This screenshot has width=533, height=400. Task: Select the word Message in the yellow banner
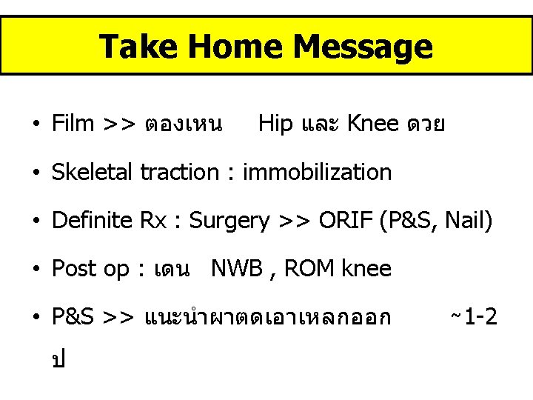[x=363, y=47]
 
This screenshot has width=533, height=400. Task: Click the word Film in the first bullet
[x=73, y=123]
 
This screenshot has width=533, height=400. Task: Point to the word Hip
[x=276, y=123]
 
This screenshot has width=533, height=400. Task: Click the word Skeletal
[x=93, y=172]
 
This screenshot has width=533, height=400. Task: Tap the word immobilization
[x=317, y=172]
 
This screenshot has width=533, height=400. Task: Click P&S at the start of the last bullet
[x=72, y=317]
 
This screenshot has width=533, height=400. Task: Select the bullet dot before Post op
[x=36, y=269]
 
